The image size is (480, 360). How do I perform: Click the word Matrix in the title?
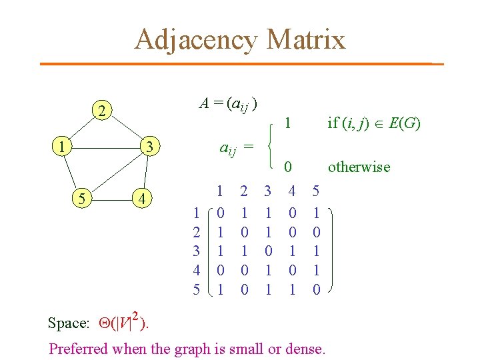(x=305, y=39)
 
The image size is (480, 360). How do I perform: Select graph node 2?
(x=101, y=111)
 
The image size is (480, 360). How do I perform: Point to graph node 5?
(x=81, y=198)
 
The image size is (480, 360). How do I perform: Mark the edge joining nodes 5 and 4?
(x=111, y=199)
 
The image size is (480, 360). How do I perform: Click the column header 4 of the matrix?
(x=291, y=191)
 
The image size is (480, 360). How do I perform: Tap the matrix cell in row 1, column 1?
(x=220, y=213)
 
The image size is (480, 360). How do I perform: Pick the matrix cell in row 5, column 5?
(x=316, y=290)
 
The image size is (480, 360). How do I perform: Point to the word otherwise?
(x=359, y=167)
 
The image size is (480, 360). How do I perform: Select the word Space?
(x=68, y=323)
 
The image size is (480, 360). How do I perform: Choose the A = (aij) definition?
(x=229, y=104)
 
